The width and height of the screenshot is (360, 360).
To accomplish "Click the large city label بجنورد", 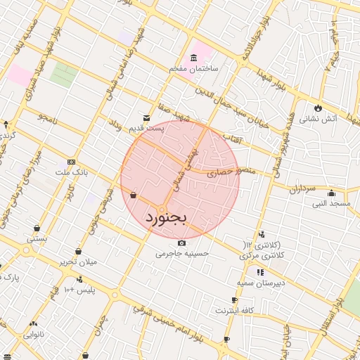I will click(x=166, y=218).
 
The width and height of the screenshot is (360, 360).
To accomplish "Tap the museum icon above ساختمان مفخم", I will click(x=193, y=57).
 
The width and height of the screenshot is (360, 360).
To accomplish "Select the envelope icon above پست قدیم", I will click(x=146, y=117).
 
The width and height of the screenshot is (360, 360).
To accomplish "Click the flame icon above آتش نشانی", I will click(x=319, y=108).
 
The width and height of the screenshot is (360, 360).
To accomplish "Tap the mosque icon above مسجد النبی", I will click(x=332, y=193).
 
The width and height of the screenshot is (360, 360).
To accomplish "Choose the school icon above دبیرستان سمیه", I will click(x=259, y=271).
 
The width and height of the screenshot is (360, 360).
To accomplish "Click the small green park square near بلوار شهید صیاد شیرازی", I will click(x=63, y=75).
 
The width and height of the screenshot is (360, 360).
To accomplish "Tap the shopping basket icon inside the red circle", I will click(x=134, y=195).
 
